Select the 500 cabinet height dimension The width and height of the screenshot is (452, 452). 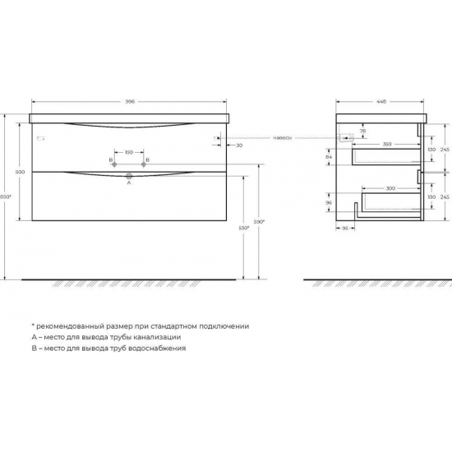click(x=20, y=171)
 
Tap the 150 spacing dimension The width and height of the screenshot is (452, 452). click(x=129, y=153)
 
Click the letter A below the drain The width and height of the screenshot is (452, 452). click(x=128, y=183)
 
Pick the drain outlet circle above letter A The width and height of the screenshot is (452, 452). click(x=129, y=175)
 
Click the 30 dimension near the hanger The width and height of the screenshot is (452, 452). click(x=238, y=145)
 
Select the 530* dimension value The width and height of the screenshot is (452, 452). click(x=243, y=228)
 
